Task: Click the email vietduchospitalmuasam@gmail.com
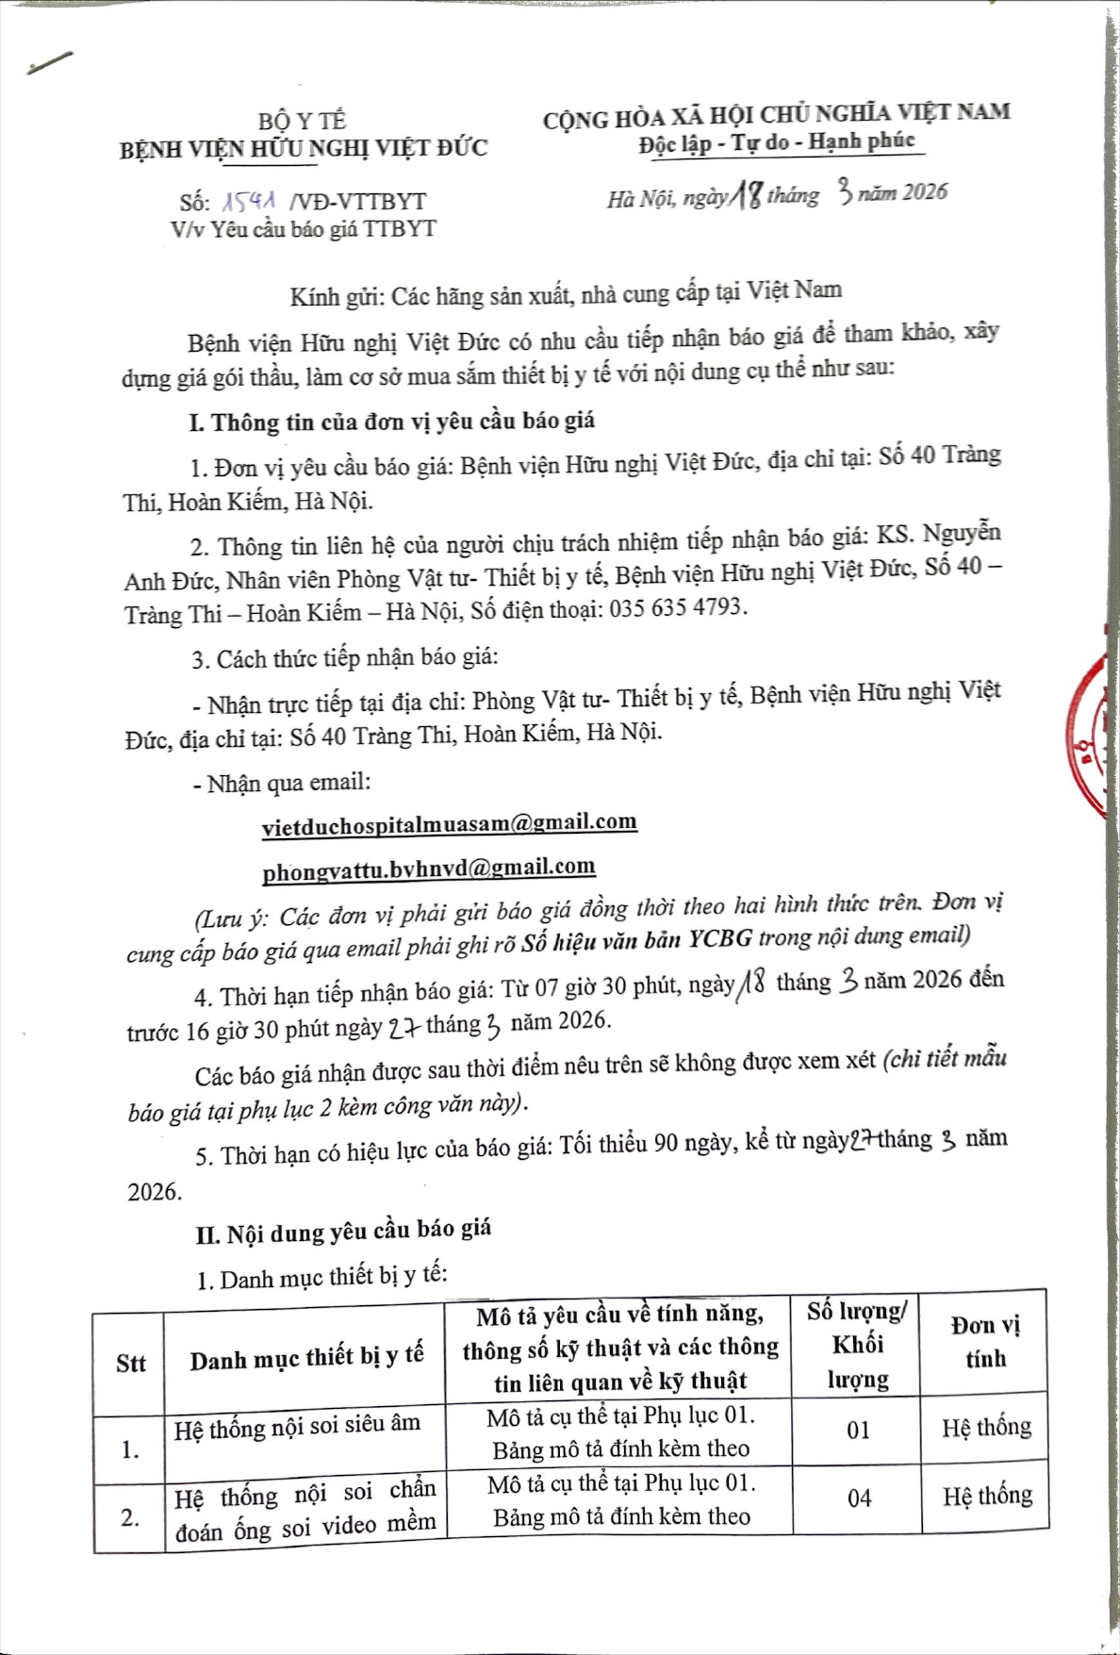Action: [x=449, y=824]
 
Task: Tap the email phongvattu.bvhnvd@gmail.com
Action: [x=428, y=869]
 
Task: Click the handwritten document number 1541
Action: [x=249, y=201]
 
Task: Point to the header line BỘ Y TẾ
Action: [x=303, y=121]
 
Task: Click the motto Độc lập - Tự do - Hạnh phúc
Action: [x=777, y=143]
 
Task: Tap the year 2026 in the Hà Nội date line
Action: [x=924, y=192]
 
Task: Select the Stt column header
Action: [x=130, y=1364]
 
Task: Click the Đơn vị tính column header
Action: [x=985, y=1342]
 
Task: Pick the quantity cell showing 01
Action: [x=858, y=1431]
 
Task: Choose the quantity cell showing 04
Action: [x=859, y=1498]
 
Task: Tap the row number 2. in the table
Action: [x=130, y=1517]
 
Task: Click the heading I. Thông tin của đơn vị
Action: [x=392, y=422]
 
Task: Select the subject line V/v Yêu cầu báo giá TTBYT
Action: [x=303, y=229]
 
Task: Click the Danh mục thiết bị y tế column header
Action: [x=306, y=1359]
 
